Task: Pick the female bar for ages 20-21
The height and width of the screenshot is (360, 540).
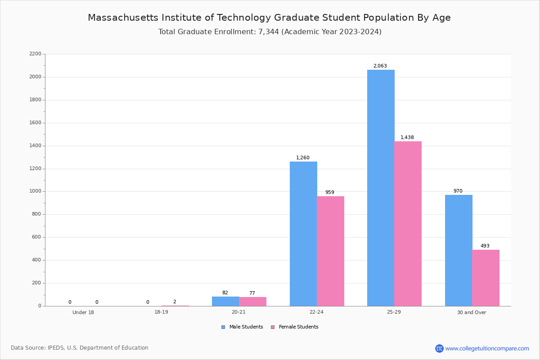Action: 252,301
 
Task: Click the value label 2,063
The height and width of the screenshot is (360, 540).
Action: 380,66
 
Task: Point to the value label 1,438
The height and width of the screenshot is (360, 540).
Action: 407,137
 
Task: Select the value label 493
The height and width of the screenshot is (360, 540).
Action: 485,246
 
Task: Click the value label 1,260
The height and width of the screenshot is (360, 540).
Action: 303,157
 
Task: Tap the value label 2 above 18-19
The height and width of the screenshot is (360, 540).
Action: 175,301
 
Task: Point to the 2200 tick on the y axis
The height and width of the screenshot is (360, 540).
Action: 35,54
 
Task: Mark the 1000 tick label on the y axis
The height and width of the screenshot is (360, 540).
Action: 35,191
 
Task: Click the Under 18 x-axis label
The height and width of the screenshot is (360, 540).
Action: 83,312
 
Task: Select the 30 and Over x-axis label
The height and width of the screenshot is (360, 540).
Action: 472,312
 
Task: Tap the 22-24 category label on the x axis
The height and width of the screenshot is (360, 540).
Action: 316,312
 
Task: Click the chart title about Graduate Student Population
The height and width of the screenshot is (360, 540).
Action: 269,18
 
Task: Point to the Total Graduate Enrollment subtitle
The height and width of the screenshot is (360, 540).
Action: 270,31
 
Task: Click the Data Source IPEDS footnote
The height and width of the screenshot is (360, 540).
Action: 80,348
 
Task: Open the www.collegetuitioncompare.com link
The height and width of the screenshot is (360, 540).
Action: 487,348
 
